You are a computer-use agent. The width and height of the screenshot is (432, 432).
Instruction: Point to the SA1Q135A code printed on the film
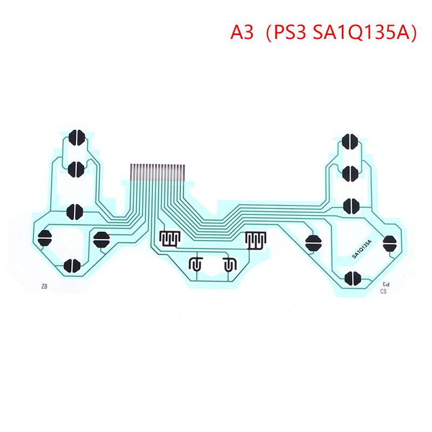coord(362,249)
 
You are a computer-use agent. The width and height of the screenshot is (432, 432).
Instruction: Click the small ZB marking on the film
coord(43,287)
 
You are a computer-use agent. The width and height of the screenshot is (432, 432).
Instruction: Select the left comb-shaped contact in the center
coord(170,239)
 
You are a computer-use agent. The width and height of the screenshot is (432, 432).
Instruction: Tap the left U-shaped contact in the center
coord(194,265)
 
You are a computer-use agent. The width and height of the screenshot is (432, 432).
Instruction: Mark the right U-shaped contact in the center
coord(230,265)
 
